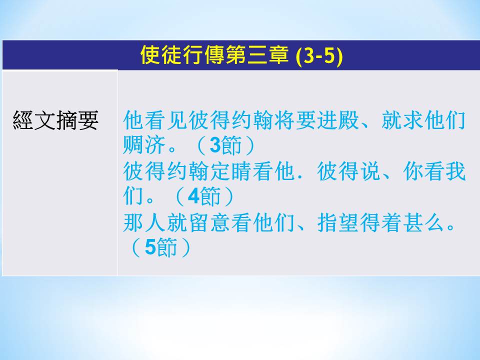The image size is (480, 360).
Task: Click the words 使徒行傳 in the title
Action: [x=183, y=55]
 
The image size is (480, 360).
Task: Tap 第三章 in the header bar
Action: [x=257, y=55]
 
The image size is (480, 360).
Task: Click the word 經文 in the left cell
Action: [x=34, y=120]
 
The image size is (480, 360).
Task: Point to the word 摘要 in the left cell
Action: [x=77, y=120]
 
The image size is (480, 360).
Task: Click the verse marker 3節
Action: [x=225, y=145]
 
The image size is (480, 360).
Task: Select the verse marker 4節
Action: [x=204, y=196]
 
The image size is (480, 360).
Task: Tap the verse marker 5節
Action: [x=160, y=247]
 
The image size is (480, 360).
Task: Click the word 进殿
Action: [x=338, y=119]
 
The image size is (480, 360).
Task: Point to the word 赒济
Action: [x=144, y=145]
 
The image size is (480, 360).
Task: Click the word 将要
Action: [x=295, y=119]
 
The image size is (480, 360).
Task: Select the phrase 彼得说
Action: [x=348, y=171]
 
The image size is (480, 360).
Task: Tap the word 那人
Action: [x=144, y=222]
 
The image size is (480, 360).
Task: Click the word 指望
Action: [x=338, y=222]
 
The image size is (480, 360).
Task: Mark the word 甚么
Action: [x=424, y=222]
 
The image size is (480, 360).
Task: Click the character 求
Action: [x=413, y=119]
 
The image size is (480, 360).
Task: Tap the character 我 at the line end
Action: [x=456, y=171]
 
